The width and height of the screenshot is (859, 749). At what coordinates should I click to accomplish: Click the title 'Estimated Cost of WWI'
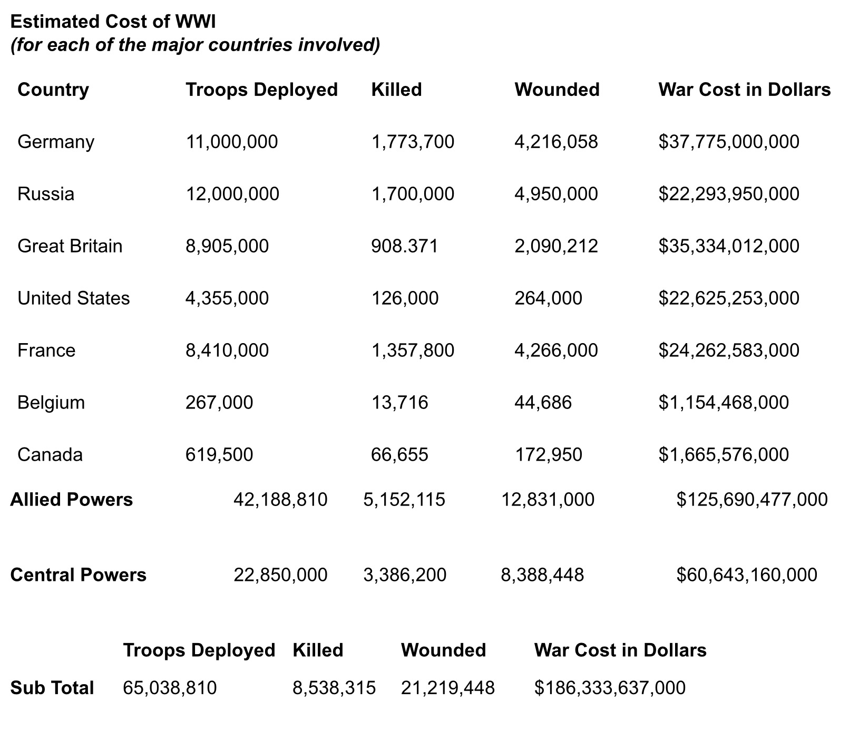113,22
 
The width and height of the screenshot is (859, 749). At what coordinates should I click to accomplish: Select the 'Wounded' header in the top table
557,90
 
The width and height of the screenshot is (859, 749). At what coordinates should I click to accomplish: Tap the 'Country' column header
53,90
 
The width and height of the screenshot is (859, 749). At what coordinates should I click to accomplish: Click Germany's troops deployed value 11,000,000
231,142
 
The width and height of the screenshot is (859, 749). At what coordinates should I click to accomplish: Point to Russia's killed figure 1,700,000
412,194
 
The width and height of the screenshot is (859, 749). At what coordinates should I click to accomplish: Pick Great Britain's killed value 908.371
404,246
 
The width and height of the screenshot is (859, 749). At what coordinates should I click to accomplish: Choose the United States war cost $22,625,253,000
728,298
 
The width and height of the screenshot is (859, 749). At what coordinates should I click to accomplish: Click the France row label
46,351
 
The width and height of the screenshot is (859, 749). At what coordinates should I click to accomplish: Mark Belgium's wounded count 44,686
543,403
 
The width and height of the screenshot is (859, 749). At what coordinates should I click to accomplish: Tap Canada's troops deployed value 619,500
219,455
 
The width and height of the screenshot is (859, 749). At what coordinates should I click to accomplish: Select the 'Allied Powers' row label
71,500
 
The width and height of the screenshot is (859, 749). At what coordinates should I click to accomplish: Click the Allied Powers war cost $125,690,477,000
751,500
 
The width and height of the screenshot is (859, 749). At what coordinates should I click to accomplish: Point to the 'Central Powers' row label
78,575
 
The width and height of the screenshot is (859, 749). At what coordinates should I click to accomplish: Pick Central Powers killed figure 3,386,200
404,575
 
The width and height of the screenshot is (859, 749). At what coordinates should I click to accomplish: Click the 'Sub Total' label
52,688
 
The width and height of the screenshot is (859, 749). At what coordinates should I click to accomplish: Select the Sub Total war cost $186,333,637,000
609,688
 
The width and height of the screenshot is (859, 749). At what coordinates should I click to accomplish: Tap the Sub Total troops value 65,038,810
169,688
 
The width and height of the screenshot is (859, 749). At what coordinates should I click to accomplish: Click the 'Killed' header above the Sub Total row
318,650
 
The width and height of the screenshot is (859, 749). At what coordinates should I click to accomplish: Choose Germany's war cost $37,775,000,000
728,142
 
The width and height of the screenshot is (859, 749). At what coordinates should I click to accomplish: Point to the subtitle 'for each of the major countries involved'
195,45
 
